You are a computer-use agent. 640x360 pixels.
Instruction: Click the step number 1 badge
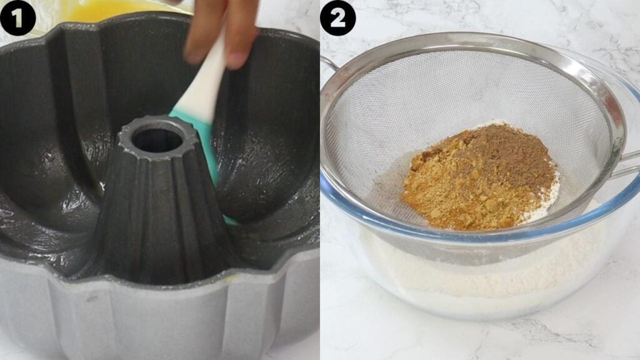(17, 18)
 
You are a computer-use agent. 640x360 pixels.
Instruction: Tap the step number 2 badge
(338, 18)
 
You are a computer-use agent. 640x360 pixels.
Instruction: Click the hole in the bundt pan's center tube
(157, 141)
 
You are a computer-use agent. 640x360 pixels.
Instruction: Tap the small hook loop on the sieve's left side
(329, 65)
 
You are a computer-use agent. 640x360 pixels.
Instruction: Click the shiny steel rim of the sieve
(465, 41)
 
